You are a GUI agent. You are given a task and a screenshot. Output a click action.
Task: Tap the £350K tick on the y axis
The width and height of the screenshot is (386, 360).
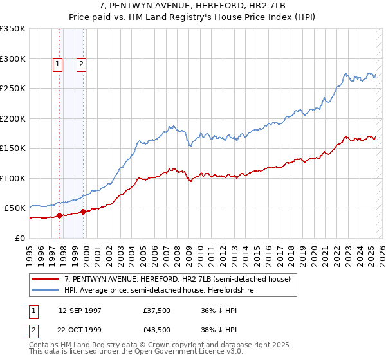click(13, 29)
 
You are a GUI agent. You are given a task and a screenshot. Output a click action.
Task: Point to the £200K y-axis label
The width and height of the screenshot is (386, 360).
click(13, 118)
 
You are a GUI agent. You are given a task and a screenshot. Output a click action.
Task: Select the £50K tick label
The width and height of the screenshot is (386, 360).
click(15, 208)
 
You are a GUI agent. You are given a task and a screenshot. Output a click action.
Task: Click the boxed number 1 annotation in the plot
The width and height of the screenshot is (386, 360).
click(58, 64)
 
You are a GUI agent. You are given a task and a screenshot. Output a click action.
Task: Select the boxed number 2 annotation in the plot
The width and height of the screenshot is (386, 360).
click(82, 64)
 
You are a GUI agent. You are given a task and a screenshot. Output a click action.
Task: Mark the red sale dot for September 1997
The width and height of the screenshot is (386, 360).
click(60, 216)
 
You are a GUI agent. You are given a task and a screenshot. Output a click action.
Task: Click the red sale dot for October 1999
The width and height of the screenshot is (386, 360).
click(84, 212)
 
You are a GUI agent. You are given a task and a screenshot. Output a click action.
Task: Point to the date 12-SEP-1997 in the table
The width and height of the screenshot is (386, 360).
click(80, 310)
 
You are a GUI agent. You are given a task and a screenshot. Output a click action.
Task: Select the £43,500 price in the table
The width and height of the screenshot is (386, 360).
click(157, 330)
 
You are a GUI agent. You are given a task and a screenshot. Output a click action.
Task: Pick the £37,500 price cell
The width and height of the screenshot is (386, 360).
click(157, 310)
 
